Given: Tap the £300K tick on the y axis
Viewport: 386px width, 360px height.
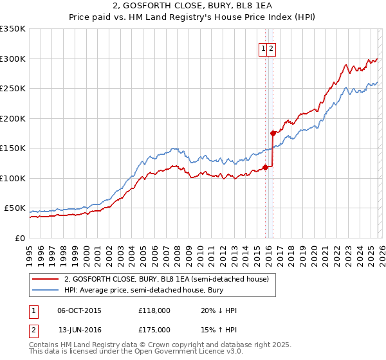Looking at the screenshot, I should pos(13,59).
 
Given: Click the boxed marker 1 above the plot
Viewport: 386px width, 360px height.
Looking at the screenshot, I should pos(263,49).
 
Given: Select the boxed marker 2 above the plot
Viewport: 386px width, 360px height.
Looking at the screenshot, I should pos(271,49).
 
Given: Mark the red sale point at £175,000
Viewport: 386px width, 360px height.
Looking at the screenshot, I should pos(273,134).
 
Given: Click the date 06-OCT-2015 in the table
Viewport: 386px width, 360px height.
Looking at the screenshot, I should pos(79,310).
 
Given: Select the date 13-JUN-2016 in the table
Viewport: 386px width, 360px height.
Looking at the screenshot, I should pos(79,330).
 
